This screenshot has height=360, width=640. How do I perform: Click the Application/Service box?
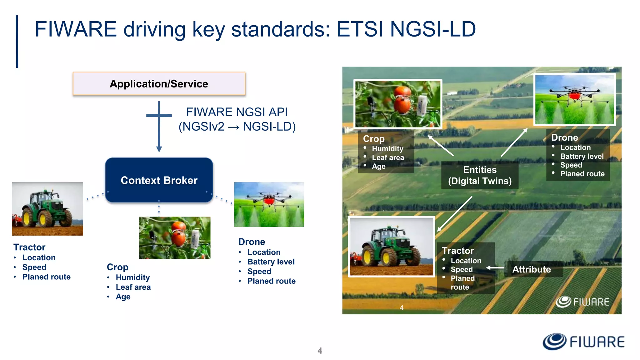159,84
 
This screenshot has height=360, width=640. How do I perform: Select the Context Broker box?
159,180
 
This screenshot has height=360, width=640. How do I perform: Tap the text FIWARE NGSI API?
237,112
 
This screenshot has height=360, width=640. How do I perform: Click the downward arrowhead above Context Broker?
159,149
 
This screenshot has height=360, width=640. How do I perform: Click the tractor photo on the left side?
47,208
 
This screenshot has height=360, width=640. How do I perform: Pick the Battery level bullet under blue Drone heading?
271,262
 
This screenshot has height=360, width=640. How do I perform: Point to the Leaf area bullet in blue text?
133,287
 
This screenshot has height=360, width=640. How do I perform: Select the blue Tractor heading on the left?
29,247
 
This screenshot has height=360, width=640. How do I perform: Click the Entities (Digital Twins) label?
480,175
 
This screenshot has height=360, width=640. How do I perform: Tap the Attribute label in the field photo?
531,269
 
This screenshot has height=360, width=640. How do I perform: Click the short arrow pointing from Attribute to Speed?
495,268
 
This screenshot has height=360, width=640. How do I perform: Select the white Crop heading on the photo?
373,139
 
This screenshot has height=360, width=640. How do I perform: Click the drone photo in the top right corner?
574,100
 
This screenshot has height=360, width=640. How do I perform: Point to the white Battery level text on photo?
582,156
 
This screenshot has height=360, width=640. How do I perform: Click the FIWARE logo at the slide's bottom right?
583,342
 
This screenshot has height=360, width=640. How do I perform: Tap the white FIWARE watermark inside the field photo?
582,302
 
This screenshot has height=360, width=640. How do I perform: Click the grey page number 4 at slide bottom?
320,351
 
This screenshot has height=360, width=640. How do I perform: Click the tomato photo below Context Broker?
175,237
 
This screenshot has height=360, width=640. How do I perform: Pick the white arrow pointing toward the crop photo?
441,146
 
